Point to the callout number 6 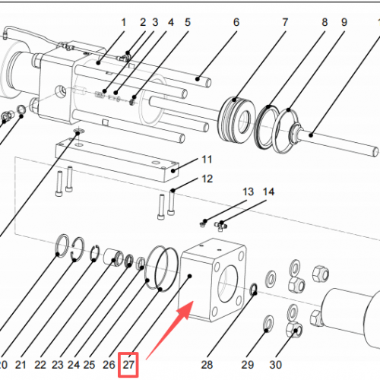click(x=236, y=23)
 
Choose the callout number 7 click(x=285, y=23)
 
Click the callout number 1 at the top click(x=123, y=23)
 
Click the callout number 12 click(x=207, y=179)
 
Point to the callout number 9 click(x=344, y=23)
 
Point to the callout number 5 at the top click(x=187, y=23)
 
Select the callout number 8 click(x=325, y=23)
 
